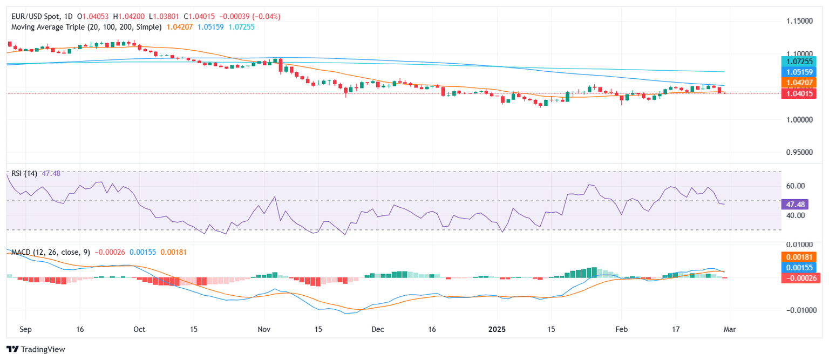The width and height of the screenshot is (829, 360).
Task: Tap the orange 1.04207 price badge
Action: [800, 82]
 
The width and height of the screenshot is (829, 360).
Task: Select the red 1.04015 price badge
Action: [800, 93]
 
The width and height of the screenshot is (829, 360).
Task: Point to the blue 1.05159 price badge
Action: [800, 72]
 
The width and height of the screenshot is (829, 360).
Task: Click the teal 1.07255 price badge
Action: [800, 62]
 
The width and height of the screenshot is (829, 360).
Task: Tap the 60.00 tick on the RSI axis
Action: [797, 186]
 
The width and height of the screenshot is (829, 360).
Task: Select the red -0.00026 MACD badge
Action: [800, 278]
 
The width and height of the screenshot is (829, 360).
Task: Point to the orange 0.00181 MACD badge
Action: [800, 257]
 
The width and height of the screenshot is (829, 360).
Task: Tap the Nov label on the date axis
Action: [264, 329]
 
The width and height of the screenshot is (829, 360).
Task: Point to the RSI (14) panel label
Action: [25, 174]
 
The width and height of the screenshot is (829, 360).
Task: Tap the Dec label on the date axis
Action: [377, 329]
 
